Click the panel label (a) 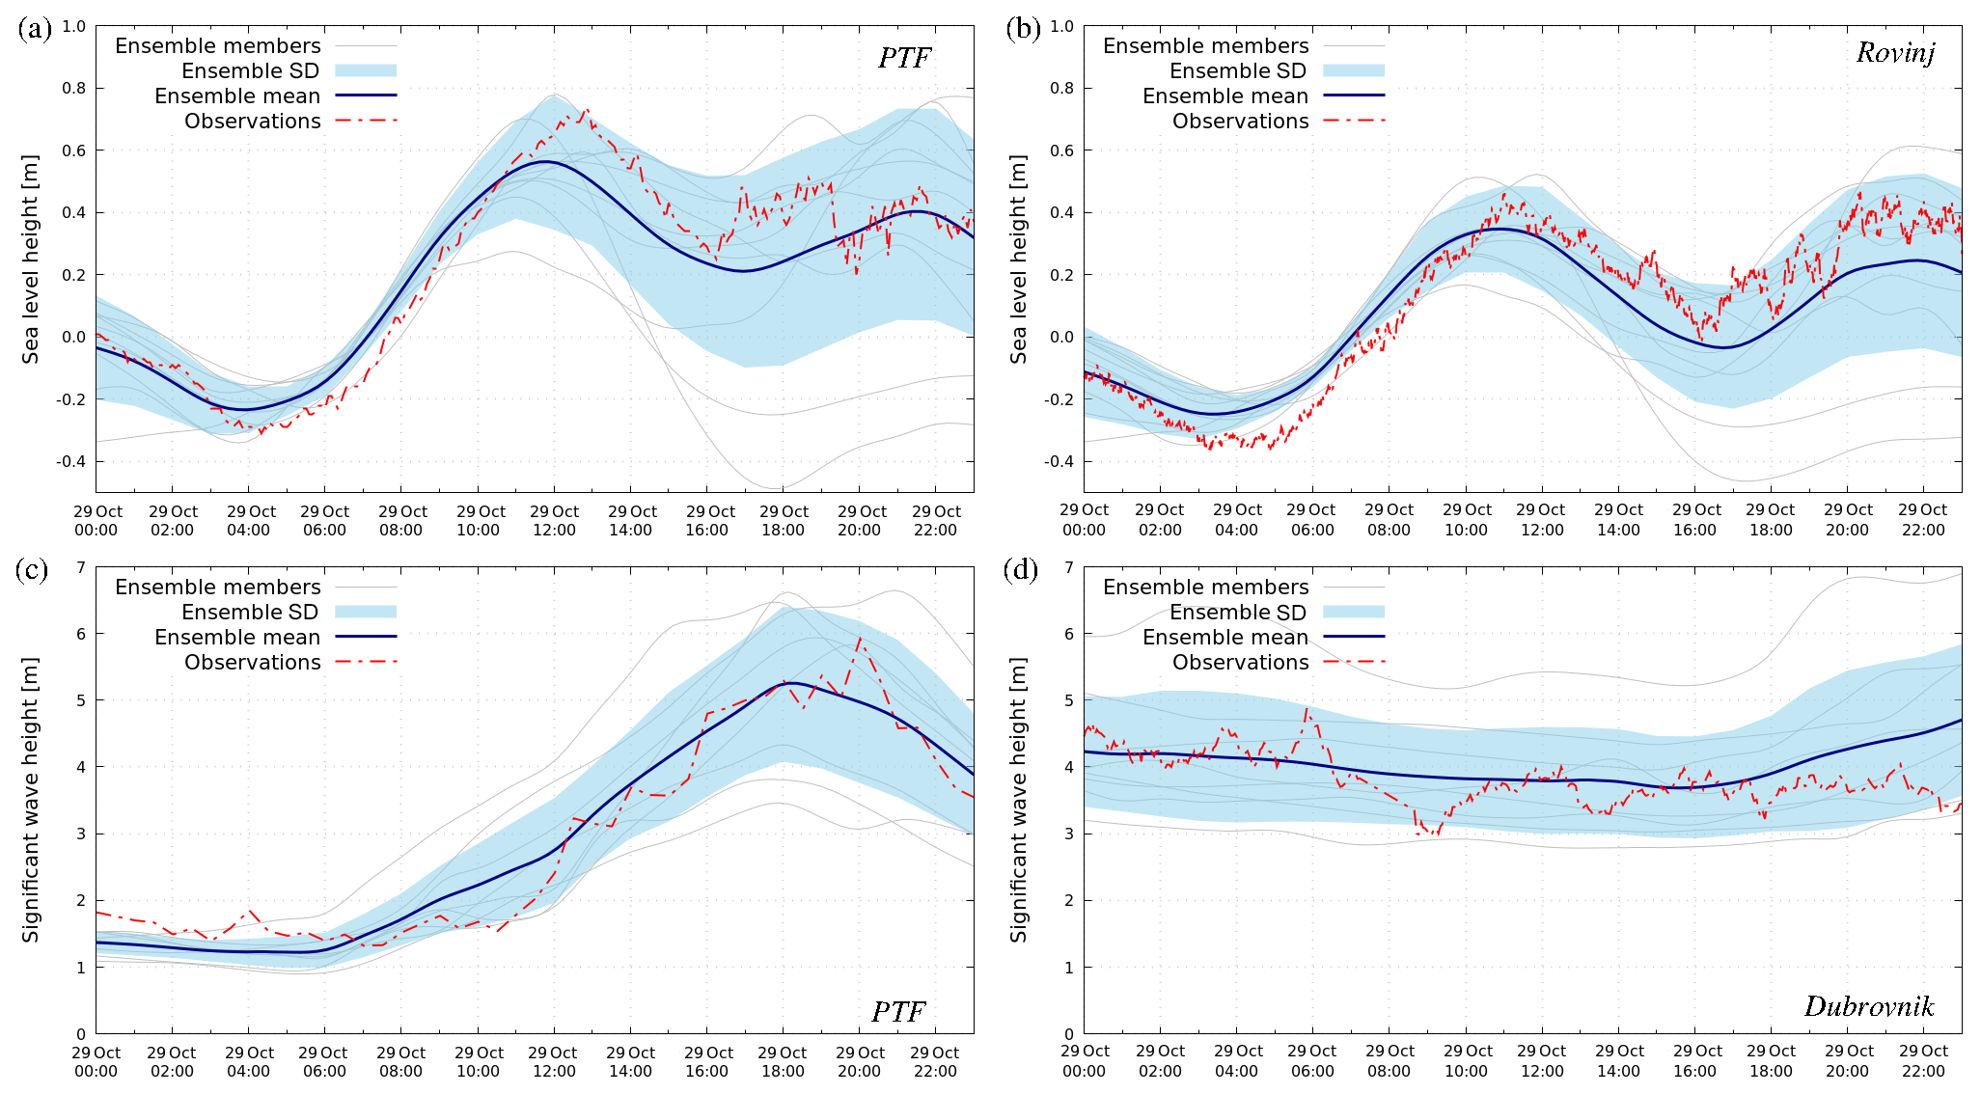click(x=35, y=28)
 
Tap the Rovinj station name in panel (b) click(x=1895, y=52)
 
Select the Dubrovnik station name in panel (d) click(x=1869, y=1007)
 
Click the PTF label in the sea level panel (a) click(x=904, y=58)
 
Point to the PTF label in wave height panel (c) click(x=898, y=1011)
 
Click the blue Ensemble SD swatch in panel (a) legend click(x=366, y=70)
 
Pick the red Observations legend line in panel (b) click(x=1354, y=121)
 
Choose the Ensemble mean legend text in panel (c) click(x=237, y=638)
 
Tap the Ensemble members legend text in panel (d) click(x=1206, y=588)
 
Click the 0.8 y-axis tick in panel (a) click(x=74, y=88)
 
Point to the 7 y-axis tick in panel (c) click(x=80, y=567)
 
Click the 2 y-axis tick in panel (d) click(x=1068, y=900)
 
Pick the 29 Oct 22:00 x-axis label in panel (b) click(x=1922, y=520)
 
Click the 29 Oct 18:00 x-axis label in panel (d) click(x=1771, y=1061)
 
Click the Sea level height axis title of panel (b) click(x=1019, y=259)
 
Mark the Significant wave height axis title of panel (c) click(x=31, y=800)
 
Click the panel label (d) click(x=1023, y=570)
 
